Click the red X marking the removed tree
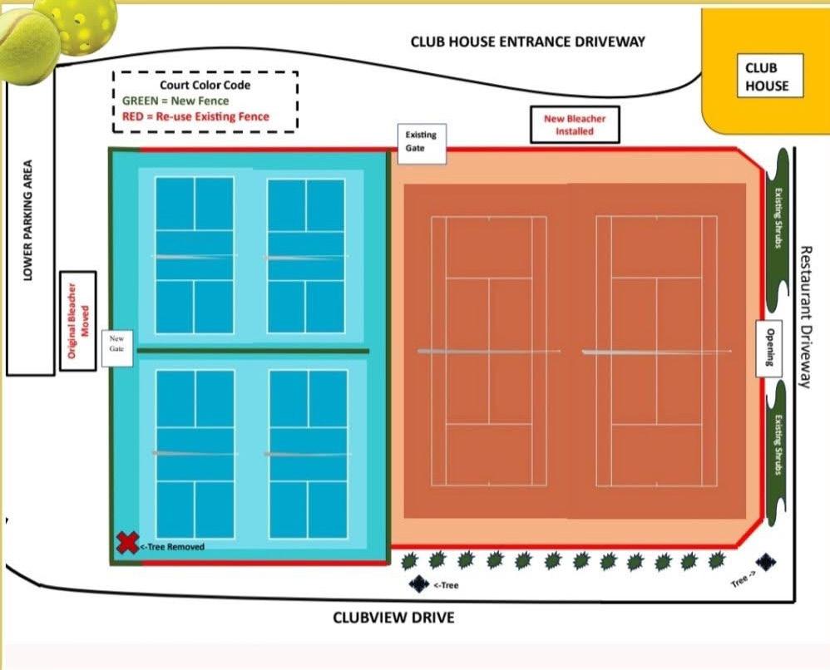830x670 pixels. pos(126,544)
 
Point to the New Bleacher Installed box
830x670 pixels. pos(575,125)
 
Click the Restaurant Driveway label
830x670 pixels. pos(804,316)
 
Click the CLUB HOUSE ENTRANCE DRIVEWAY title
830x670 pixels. pos(527,42)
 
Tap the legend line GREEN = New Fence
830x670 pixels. pos(175,101)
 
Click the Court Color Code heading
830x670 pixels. pos(205,85)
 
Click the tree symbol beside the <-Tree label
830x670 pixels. pos(419,584)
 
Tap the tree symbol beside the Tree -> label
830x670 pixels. pos(766,563)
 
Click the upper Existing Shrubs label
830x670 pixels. pos(778,219)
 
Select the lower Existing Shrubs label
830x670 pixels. pos(778,445)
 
